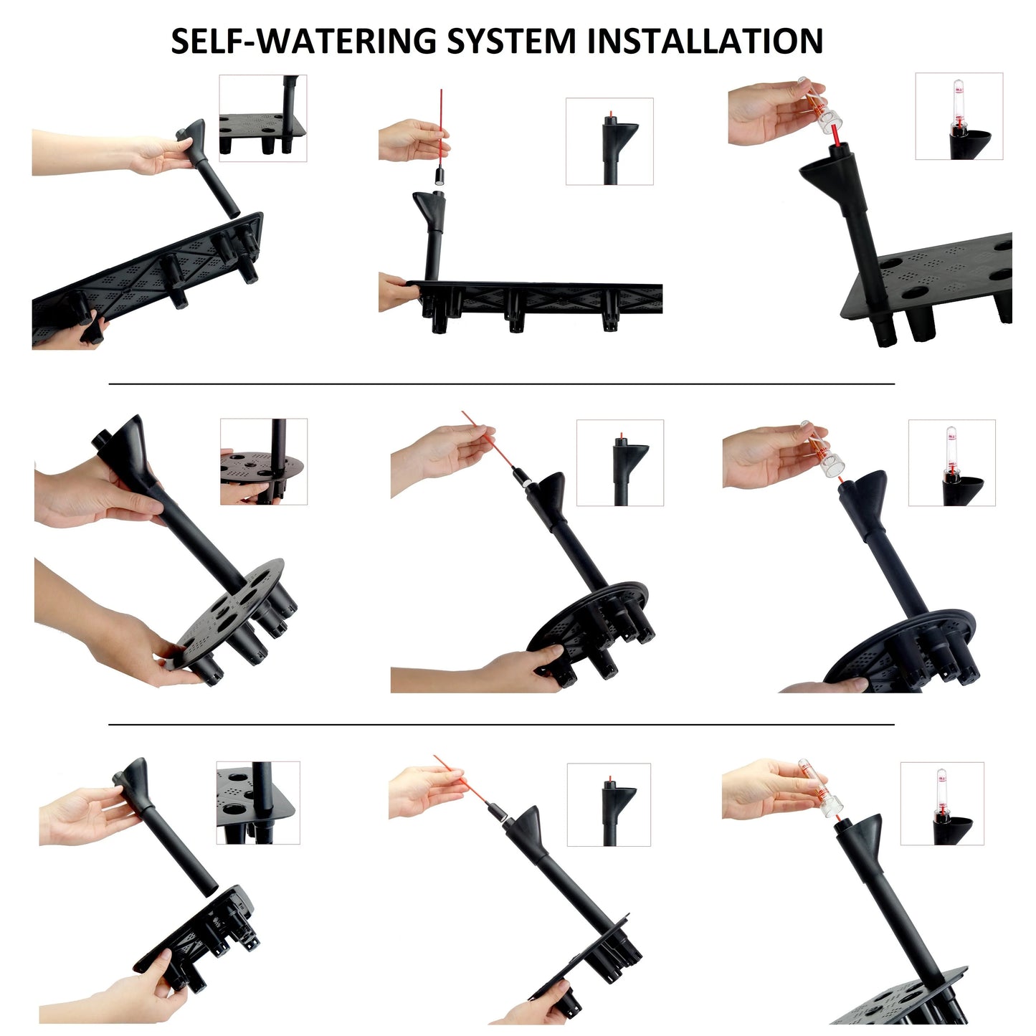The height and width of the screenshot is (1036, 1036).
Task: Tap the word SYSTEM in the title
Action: (x=511, y=41)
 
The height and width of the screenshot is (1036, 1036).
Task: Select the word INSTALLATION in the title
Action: (x=705, y=41)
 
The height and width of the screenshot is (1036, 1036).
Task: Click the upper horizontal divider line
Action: (x=502, y=384)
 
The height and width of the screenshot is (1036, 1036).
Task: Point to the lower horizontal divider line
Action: (x=502, y=725)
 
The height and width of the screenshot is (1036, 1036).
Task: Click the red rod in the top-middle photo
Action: (x=441, y=128)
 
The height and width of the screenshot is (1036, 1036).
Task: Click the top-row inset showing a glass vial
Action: (x=959, y=116)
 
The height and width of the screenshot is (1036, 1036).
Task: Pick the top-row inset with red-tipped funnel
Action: (x=609, y=141)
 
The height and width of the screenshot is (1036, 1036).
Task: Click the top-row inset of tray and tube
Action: (x=263, y=118)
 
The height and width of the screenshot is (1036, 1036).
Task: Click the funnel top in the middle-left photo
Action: (x=123, y=446)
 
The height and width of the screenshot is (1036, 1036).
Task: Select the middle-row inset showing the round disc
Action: (x=264, y=462)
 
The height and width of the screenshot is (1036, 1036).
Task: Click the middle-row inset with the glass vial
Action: (x=952, y=463)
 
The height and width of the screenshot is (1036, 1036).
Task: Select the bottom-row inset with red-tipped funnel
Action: (x=609, y=805)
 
